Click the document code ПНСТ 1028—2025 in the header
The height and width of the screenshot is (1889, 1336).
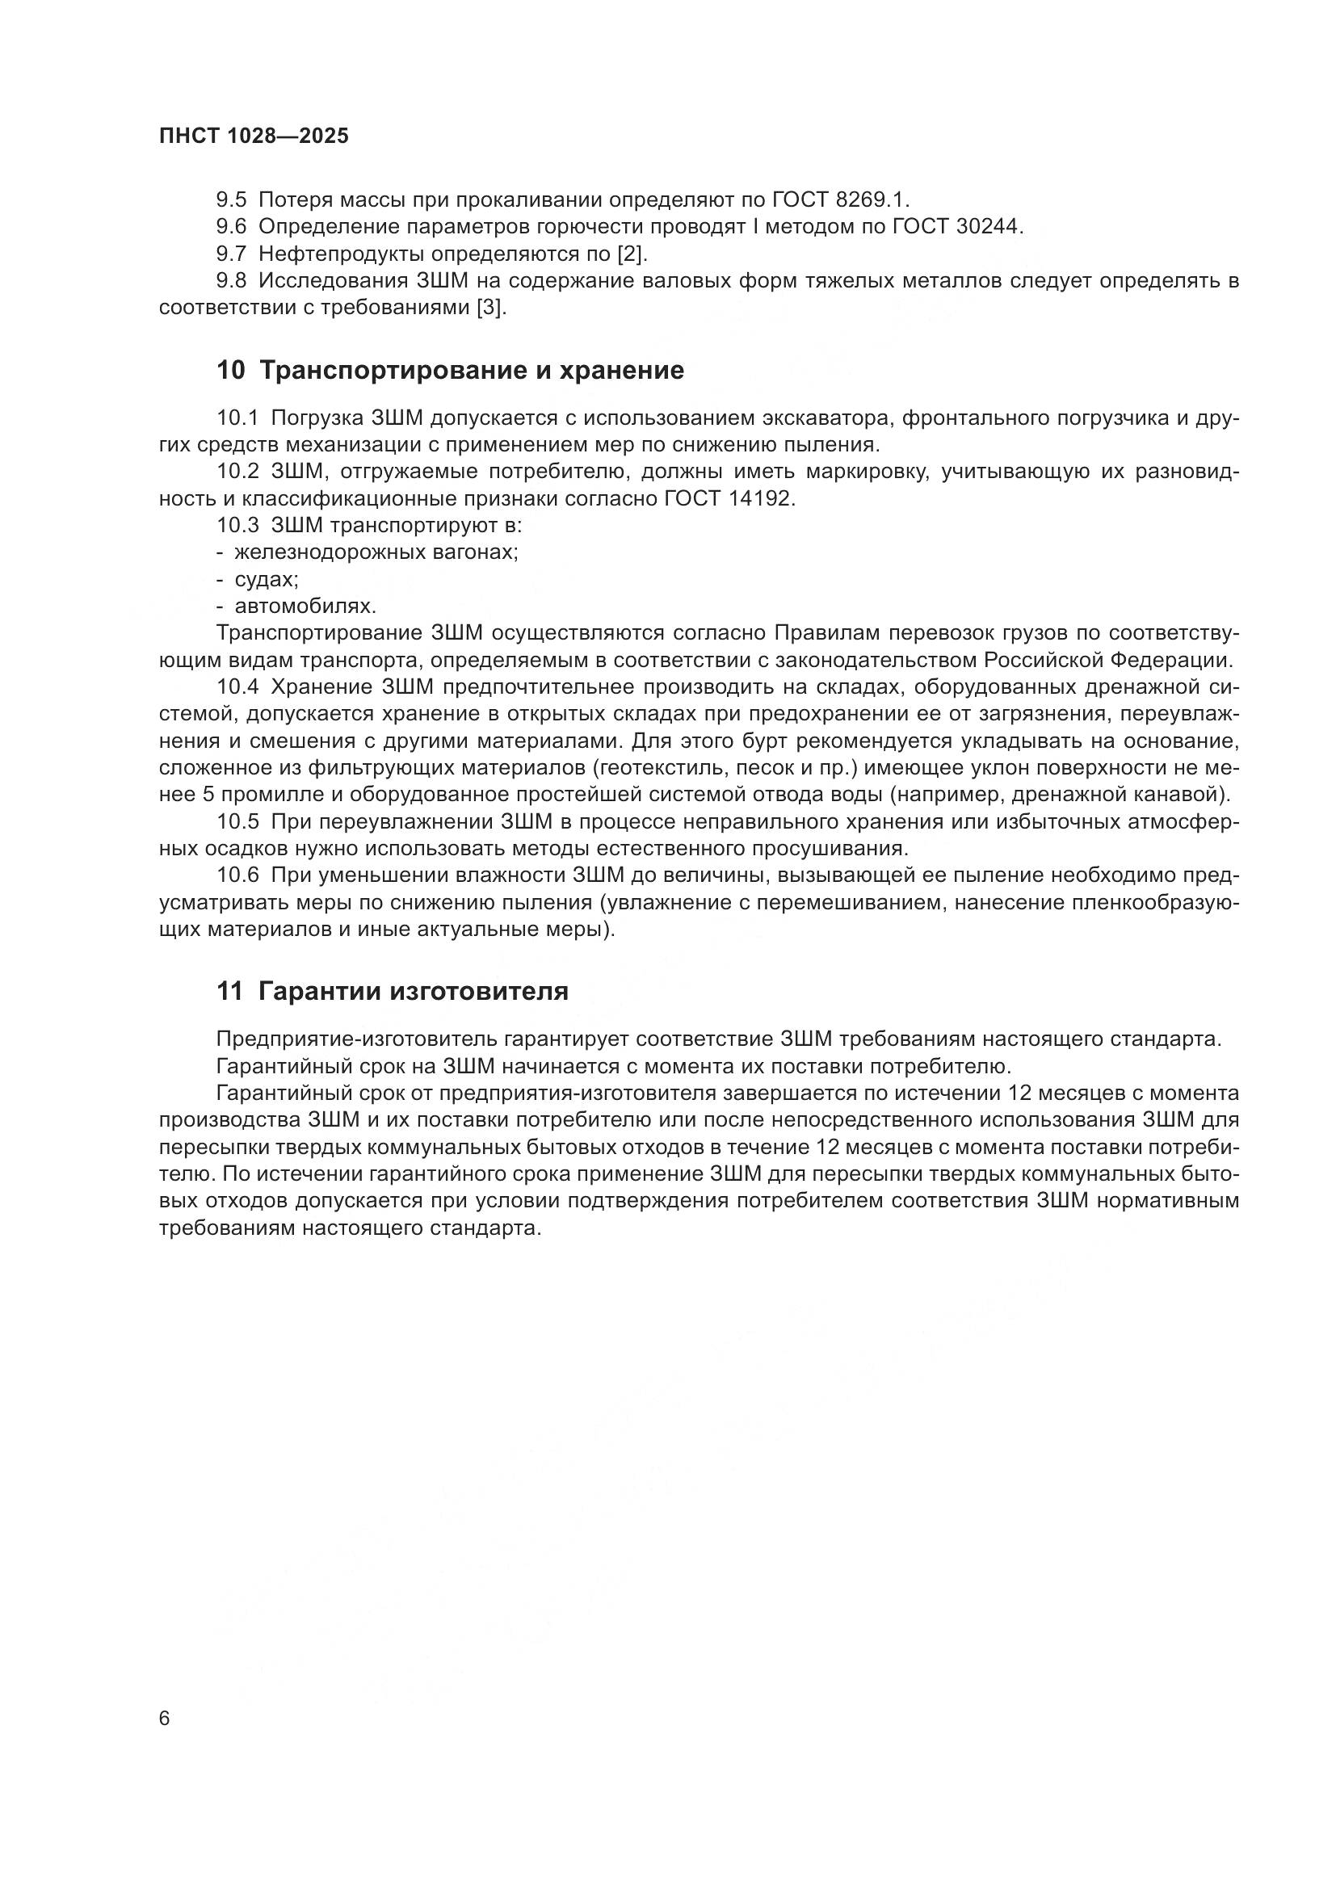pyautogui.click(x=254, y=136)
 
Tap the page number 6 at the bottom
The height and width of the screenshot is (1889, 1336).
pyautogui.click(x=165, y=1719)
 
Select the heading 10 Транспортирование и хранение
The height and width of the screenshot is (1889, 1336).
pyautogui.click(x=450, y=371)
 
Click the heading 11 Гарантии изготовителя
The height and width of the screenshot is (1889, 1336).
pyautogui.click(x=393, y=993)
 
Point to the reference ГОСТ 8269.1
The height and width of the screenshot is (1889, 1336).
pyautogui.click(x=841, y=200)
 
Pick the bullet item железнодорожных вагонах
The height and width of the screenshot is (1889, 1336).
pyautogui.click(x=376, y=552)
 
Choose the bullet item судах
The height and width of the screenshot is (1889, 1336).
pyautogui.click(x=267, y=579)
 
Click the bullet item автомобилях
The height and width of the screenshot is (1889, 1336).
pyautogui.click(x=305, y=607)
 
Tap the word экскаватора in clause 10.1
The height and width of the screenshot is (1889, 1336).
pyautogui.click(x=829, y=419)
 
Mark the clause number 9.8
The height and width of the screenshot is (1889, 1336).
pyautogui.click(x=231, y=281)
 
